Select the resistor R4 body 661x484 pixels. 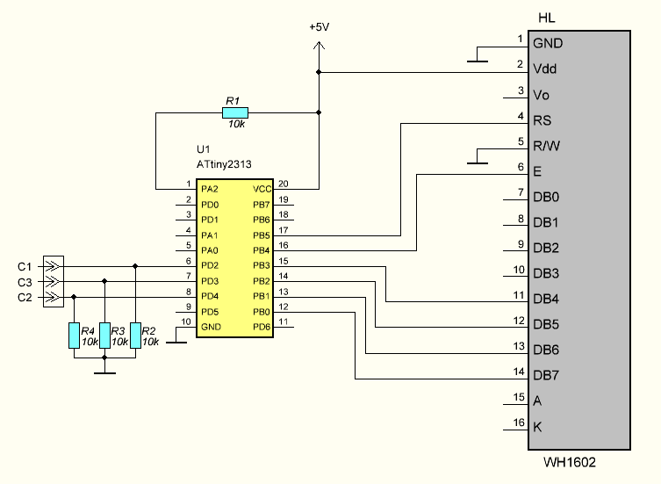point(74,336)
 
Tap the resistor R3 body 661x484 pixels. point(104,336)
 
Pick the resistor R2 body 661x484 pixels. point(135,336)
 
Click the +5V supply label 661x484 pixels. point(319,27)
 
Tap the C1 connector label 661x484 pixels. point(25,266)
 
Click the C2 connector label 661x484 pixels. point(25,298)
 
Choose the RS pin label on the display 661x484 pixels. point(542,120)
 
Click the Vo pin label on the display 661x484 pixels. point(542,95)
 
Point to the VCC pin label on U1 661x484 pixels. point(262,189)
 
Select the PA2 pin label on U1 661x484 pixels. point(210,189)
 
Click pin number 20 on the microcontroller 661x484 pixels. point(284,184)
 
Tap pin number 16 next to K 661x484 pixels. point(519,422)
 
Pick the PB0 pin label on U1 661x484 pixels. point(262,312)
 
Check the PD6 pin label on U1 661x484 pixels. point(262,327)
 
